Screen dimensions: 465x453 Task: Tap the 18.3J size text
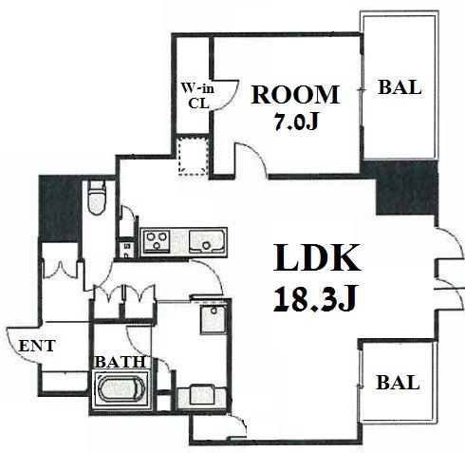[x=315, y=298]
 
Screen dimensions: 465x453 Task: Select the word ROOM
[x=295, y=94]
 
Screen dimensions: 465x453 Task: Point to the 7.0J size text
[x=296, y=122]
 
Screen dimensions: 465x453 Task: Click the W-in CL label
[x=197, y=96]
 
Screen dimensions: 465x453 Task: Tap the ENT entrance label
[x=37, y=346]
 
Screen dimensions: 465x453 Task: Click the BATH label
[x=121, y=362]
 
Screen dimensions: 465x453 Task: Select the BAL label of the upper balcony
[x=400, y=87]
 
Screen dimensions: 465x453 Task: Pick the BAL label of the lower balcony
[x=398, y=383]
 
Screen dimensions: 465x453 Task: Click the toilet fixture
[x=97, y=198]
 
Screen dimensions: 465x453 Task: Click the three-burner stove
[x=157, y=241]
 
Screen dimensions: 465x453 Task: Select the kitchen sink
[x=207, y=242]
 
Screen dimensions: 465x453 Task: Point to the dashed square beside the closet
[x=193, y=156]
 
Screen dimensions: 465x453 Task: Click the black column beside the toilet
[x=60, y=208]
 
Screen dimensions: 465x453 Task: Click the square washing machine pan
[x=214, y=319]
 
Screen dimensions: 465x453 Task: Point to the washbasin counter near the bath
[x=202, y=396]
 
